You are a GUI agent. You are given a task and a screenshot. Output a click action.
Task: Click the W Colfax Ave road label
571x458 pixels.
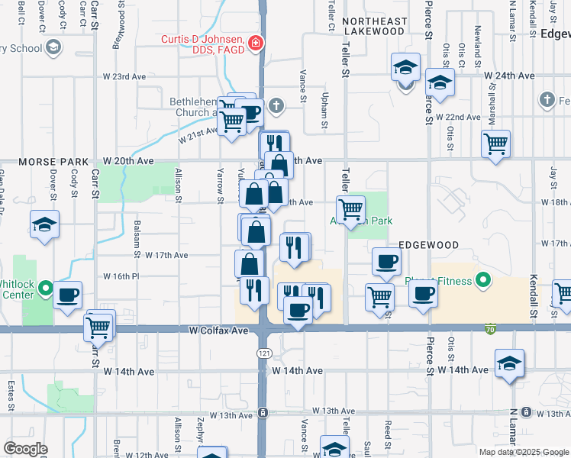click(219, 331)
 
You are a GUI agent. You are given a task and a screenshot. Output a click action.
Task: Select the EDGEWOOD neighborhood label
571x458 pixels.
click(428, 245)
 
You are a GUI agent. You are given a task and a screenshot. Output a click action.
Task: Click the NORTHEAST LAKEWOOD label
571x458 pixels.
click(373, 26)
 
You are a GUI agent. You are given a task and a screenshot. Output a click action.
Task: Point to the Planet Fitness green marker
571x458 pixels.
click(482, 281)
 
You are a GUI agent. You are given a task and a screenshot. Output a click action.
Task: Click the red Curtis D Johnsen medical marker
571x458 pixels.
click(256, 44)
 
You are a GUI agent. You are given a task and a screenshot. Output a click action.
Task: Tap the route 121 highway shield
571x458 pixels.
click(262, 355)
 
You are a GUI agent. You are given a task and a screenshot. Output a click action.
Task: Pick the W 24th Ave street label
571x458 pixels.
click(508, 76)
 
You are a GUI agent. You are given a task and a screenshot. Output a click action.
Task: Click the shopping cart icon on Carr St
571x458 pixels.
click(98, 326)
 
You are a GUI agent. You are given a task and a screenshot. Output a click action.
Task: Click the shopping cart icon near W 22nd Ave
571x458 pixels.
click(495, 142)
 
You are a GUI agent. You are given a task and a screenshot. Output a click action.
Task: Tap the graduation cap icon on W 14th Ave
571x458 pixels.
click(508, 364)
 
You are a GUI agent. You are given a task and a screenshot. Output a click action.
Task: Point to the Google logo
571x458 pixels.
click(25, 448)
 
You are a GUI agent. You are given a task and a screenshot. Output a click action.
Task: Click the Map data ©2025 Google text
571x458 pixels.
click(524, 451)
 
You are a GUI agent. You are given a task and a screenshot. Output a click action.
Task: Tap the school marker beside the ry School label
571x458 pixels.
click(53, 49)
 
